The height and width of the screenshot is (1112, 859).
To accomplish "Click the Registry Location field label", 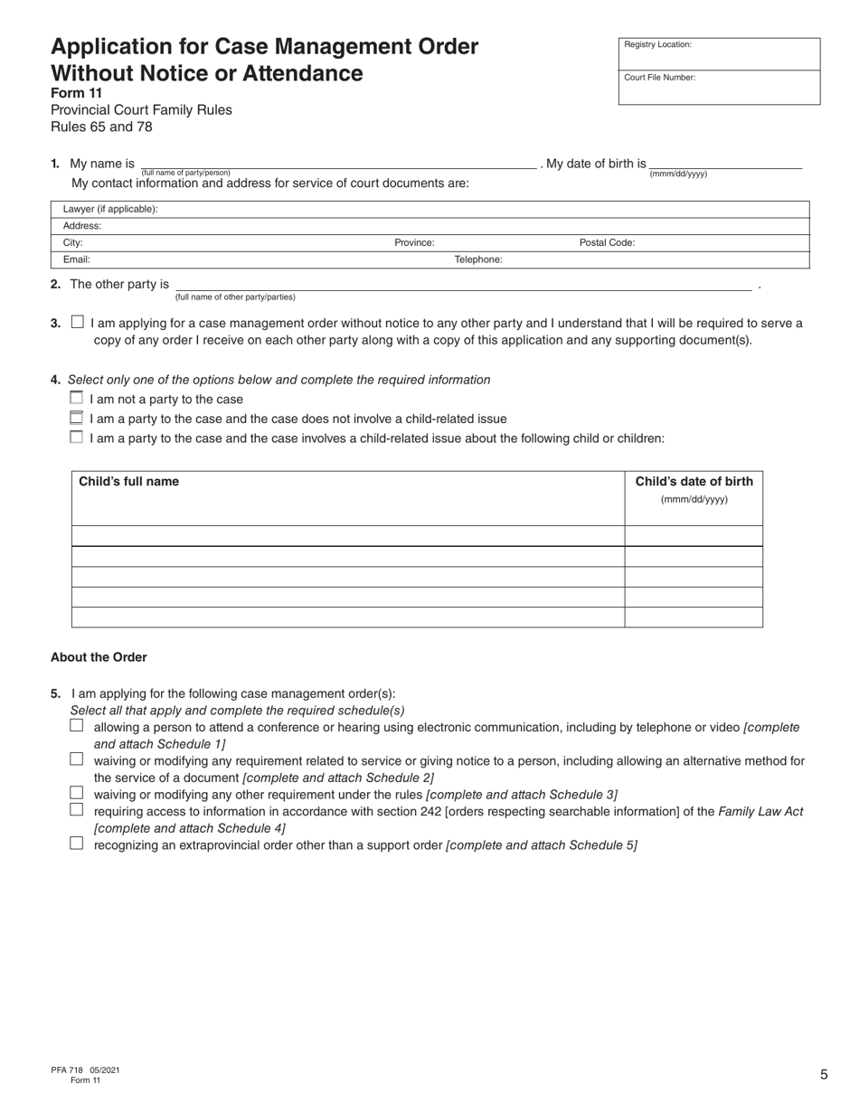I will click(657, 44).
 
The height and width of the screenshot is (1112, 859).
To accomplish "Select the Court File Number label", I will click(659, 78).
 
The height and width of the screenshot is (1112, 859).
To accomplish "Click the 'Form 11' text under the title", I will click(76, 93).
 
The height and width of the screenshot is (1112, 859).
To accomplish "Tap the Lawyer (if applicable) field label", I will click(110, 209).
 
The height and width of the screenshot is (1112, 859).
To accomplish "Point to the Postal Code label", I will click(607, 242).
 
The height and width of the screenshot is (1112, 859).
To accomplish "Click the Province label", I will click(414, 242).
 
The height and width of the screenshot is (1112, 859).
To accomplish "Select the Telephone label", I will click(477, 259).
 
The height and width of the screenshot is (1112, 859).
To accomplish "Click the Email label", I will click(77, 259).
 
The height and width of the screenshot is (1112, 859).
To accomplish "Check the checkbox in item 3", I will click(77, 322).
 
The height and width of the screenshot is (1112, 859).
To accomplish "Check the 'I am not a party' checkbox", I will click(76, 398).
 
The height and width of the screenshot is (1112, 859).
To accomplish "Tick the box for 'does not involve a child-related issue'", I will click(76, 418).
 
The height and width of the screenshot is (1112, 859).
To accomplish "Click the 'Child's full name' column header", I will click(129, 482).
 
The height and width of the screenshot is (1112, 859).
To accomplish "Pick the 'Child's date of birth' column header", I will click(694, 482).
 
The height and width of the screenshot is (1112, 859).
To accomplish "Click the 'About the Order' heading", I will click(99, 657).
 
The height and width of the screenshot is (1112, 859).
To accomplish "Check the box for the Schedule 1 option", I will click(77, 725).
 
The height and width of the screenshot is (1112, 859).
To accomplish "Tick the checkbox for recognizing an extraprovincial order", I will click(77, 843).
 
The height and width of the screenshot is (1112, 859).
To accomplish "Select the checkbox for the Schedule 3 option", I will click(77, 792).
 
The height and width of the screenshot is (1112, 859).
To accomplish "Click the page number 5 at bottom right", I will click(824, 1075).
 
